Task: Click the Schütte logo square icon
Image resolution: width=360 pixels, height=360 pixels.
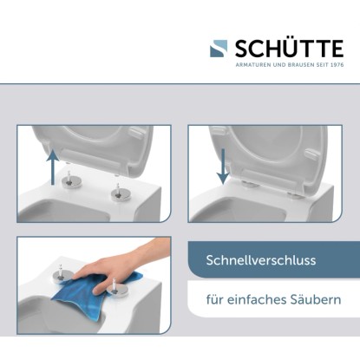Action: coord(219,49)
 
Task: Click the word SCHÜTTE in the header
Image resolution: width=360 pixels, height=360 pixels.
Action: coord(289,49)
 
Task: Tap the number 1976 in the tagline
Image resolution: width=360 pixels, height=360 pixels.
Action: coord(337,65)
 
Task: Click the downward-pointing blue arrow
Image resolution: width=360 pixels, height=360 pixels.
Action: coord(223,167)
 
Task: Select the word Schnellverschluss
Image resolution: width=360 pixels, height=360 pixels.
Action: coord(261,260)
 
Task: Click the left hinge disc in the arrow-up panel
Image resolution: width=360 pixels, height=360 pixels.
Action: coord(70,182)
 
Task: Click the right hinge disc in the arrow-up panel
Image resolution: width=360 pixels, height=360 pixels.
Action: coord(120,193)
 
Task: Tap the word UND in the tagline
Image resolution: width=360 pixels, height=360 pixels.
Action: coord(279,65)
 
